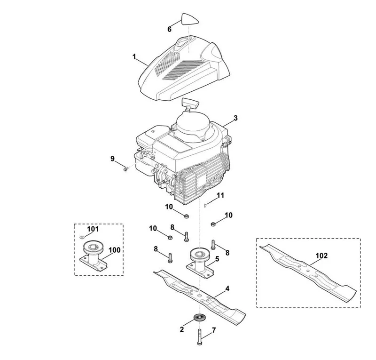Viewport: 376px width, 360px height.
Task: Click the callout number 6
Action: click(x=169, y=29)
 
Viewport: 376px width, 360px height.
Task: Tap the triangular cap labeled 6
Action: click(x=190, y=19)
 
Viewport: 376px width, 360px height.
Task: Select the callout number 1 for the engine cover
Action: click(x=134, y=57)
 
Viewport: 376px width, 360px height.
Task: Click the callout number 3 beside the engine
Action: click(x=235, y=118)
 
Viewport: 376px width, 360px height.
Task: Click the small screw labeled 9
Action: click(x=125, y=169)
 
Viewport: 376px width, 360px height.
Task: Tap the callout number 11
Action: click(x=220, y=195)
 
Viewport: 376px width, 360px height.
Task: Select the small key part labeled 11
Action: click(x=205, y=205)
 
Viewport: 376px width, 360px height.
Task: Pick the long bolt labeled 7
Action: click(x=199, y=337)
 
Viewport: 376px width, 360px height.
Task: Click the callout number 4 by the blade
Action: click(x=227, y=288)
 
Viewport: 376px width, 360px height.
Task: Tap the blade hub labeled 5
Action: click(x=200, y=263)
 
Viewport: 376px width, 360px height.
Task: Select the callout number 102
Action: click(x=321, y=256)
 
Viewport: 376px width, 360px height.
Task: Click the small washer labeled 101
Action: click(x=82, y=238)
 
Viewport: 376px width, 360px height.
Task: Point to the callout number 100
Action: click(x=114, y=250)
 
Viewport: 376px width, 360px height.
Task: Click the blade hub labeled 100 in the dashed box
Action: click(x=93, y=256)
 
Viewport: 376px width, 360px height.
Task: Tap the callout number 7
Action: click(x=214, y=330)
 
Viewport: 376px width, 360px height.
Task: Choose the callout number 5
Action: click(x=217, y=259)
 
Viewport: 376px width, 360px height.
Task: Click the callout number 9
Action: click(x=112, y=159)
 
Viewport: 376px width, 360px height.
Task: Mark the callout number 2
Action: click(x=182, y=329)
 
